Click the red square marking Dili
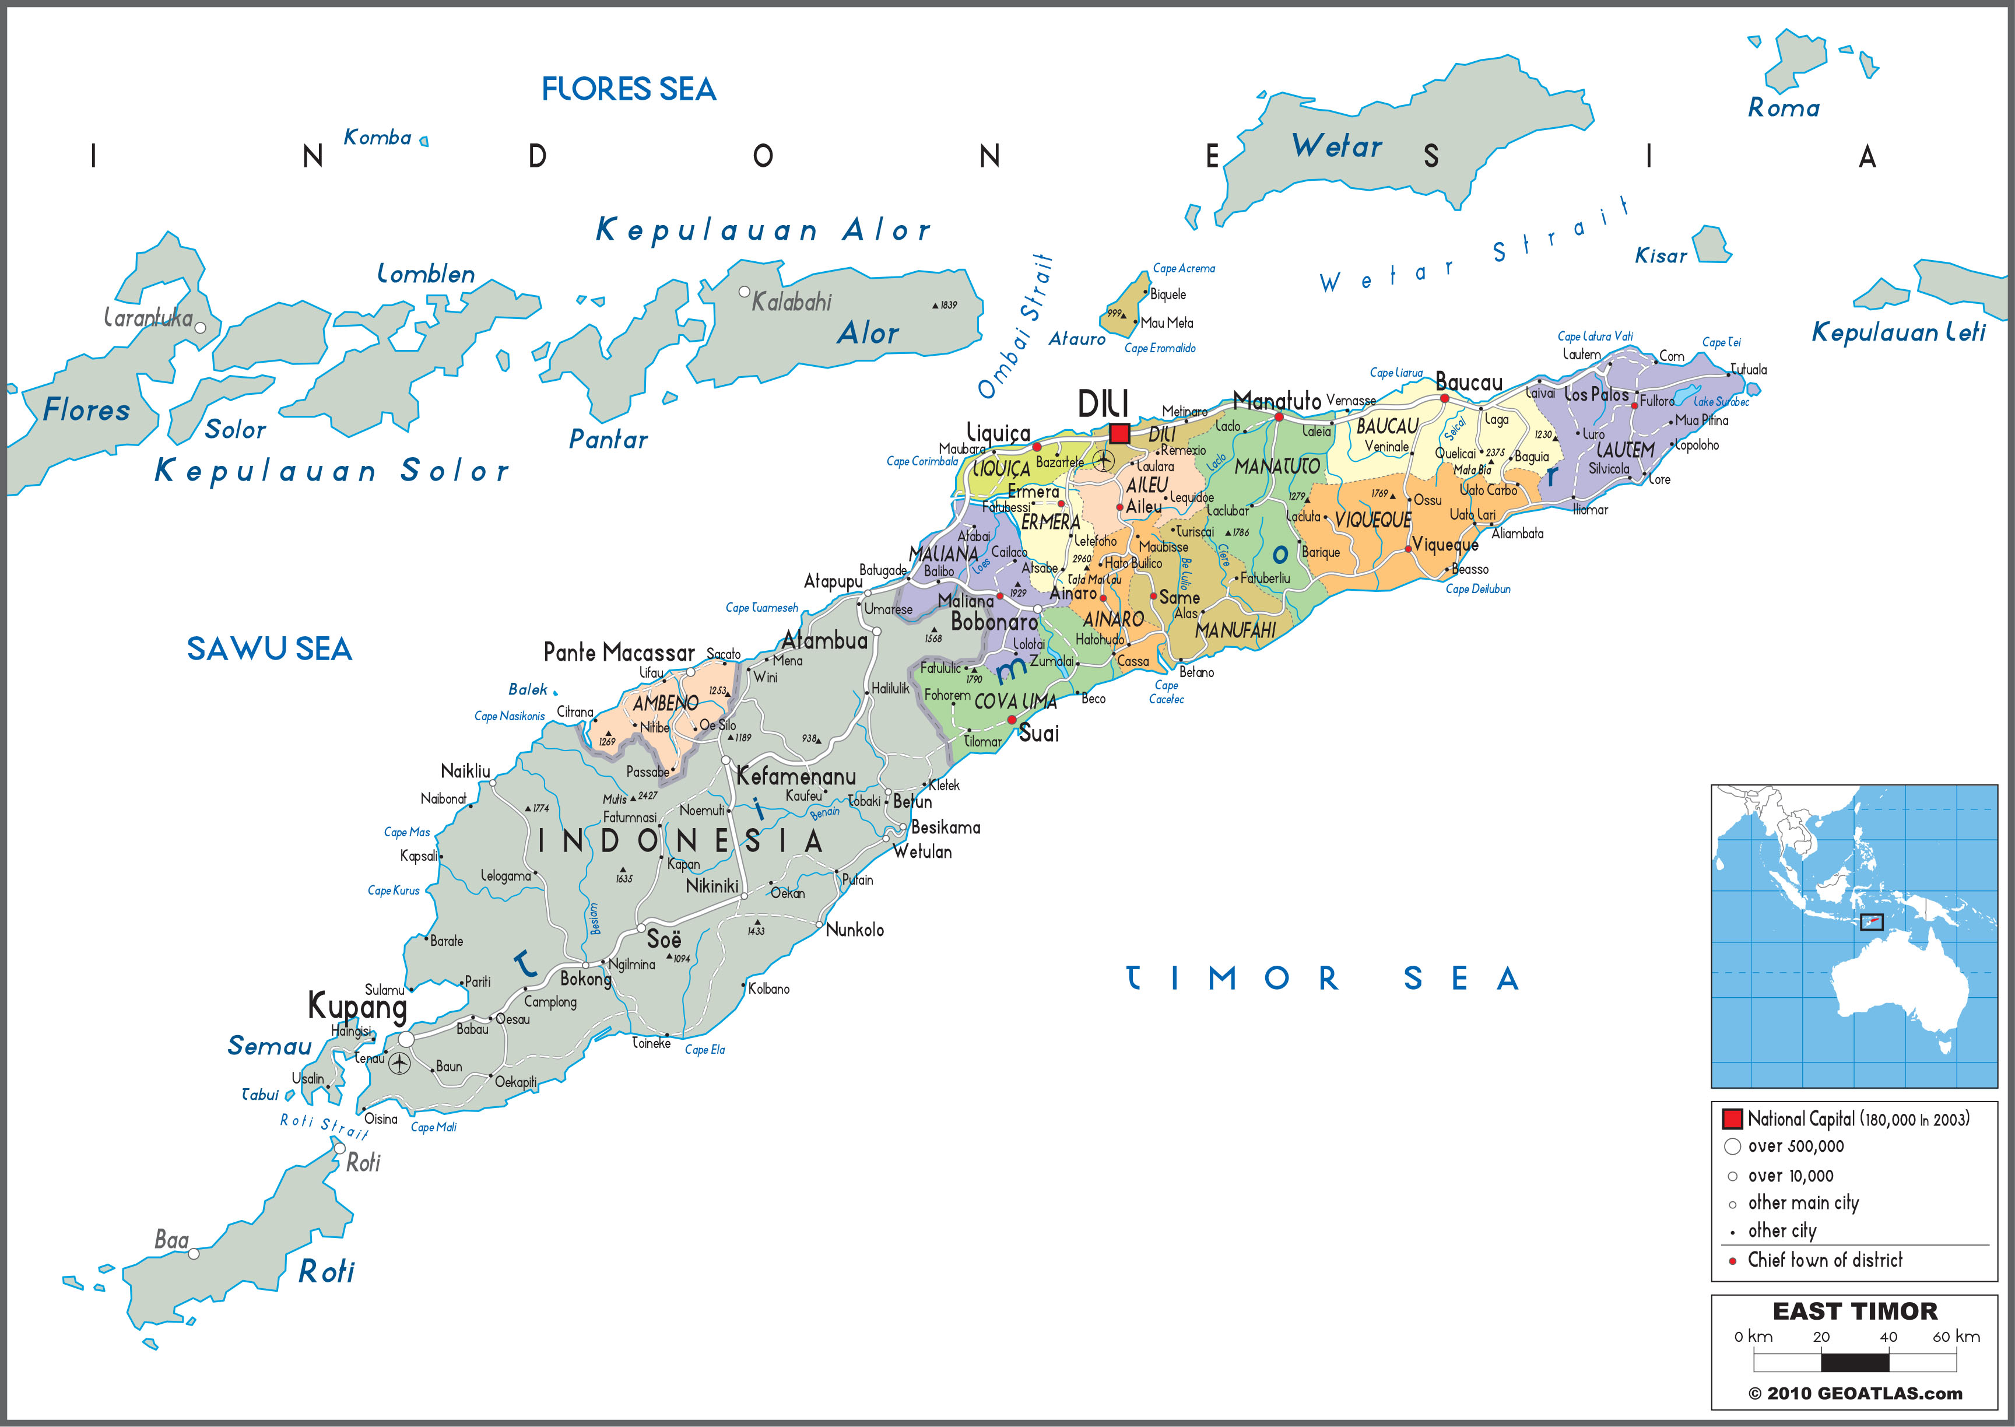point(1119,433)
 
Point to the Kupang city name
point(357,1005)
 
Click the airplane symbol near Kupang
point(399,1063)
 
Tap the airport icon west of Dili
point(1103,461)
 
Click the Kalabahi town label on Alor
point(791,302)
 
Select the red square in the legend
point(1731,1119)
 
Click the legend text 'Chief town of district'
point(1824,1260)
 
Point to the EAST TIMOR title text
point(1854,1311)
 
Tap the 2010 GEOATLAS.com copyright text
point(1854,1394)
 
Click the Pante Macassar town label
point(619,653)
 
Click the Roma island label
point(1783,108)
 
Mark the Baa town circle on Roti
point(194,1254)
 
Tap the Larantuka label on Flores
point(148,317)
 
